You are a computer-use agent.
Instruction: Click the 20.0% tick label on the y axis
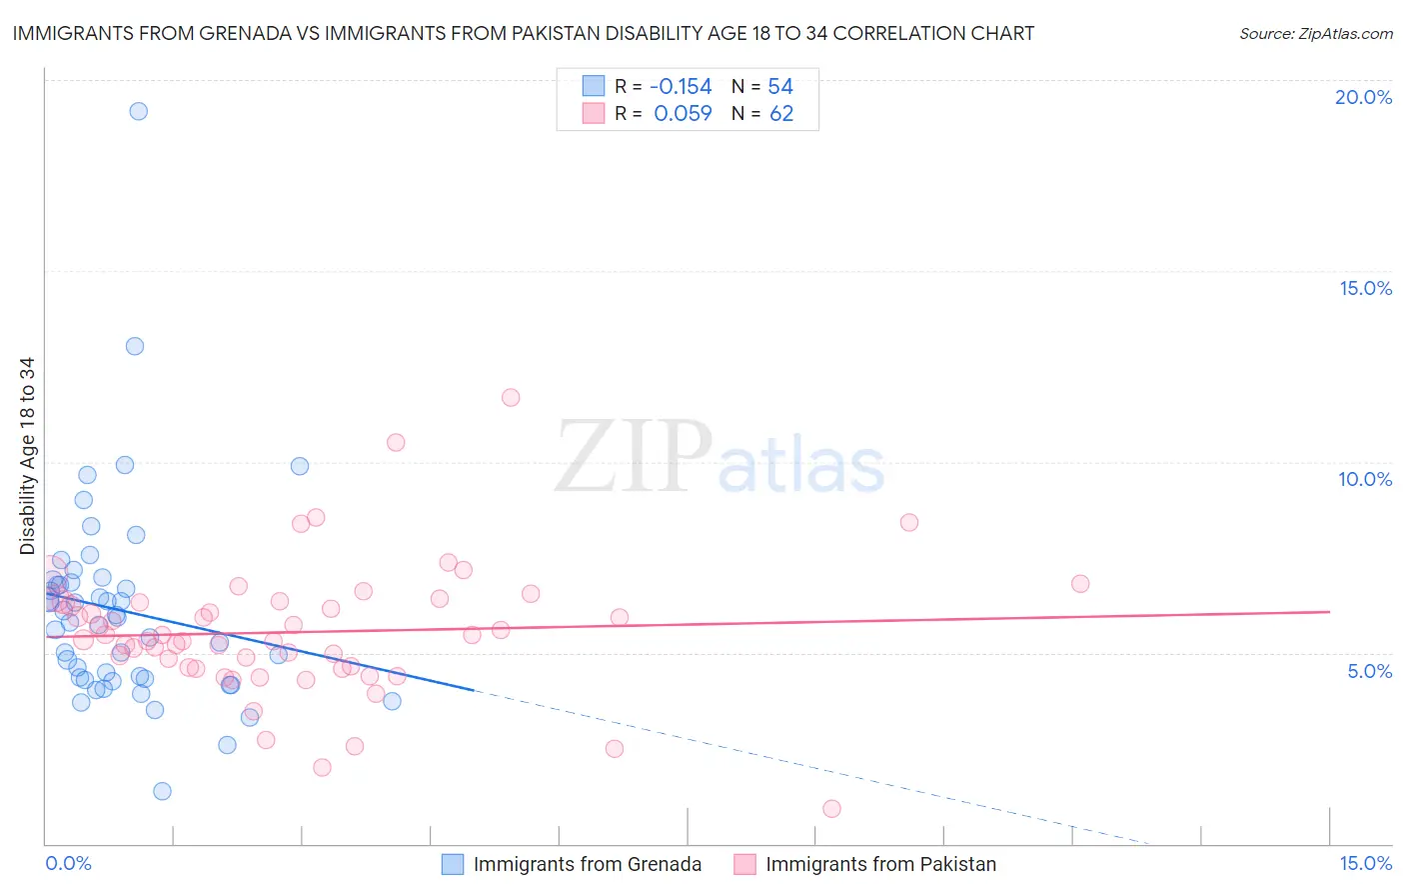[x=1363, y=97]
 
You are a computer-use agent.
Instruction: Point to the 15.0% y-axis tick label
[x=1365, y=288]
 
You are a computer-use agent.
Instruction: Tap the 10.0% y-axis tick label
[x=1365, y=479]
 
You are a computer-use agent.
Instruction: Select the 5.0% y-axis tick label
[x=1369, y=671]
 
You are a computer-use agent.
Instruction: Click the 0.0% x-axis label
[x=68, y=863]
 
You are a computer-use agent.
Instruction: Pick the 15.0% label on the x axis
[x=1365, y=863]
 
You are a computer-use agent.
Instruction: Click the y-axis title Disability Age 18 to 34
[x=27, y=456]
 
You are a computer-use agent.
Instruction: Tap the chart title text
[x=523, y=33]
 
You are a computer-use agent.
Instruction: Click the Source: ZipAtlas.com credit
[x=1315, y=33]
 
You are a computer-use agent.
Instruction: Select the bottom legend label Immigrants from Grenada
[x=587, y=864]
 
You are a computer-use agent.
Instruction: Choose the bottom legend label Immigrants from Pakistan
[x=880, y=864]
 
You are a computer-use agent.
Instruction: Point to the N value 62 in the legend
[x=781, y=113]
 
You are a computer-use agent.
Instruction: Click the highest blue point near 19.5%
[x=139, y=111]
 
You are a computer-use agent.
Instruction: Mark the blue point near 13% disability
[x=135, y=346]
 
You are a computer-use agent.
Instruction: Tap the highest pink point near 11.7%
[x=511, y=397]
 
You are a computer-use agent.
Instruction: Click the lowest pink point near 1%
[x=831, y=808]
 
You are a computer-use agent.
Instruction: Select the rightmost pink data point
[x=1080, y=583]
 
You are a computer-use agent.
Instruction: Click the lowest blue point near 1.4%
[x=162, y=791]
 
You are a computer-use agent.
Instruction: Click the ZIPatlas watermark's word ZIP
[x=633, y=458]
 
